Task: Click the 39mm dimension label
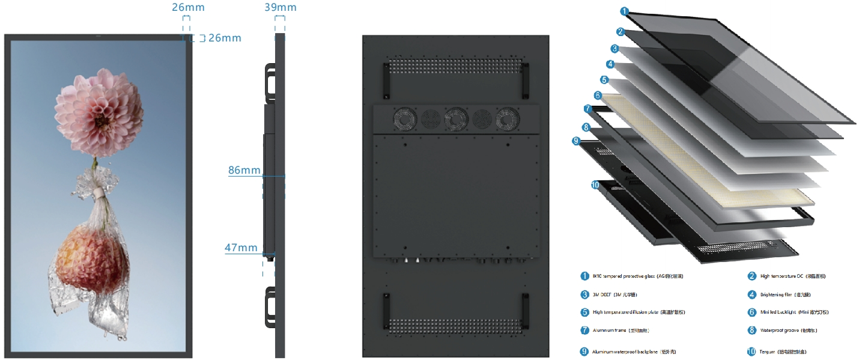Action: click(x=280, y=7)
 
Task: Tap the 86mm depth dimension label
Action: click(x=244, y=170)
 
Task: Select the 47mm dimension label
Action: click(x=241, y=248)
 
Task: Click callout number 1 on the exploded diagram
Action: click(x=625, y=11)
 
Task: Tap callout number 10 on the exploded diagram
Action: click(x=595, y=185)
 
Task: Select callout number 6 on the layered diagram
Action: click(x=597, y=96)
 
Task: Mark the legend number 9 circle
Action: click(x=584, y=352)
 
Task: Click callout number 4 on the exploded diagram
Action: click(x=610, y=64)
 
